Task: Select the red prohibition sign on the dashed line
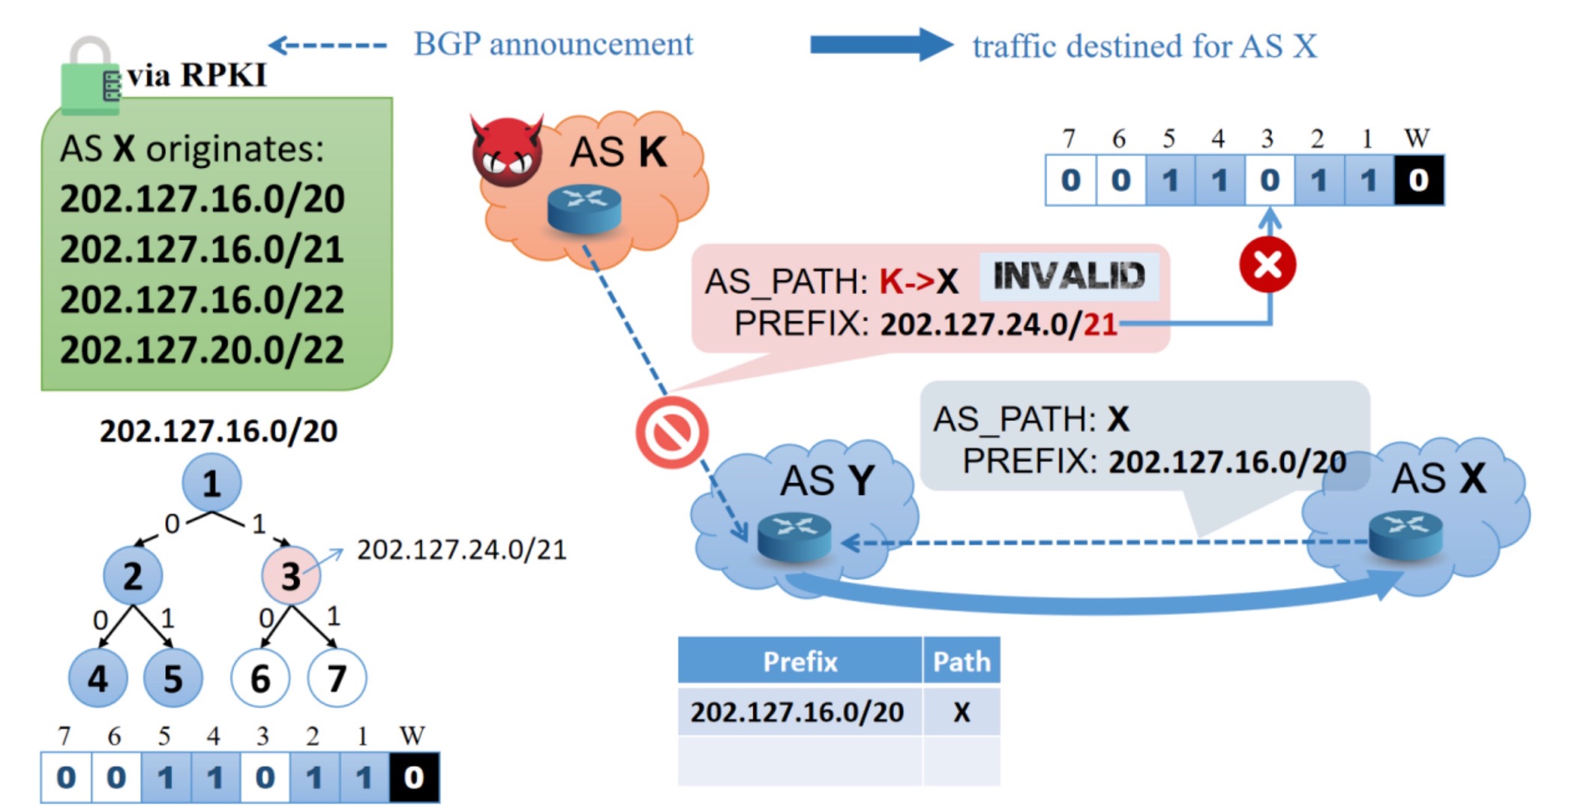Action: tap(671, 433)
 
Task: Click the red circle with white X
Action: tap(1267, 265)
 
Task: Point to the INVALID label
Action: tap(1069, 276)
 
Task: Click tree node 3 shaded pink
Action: tap(290, 576)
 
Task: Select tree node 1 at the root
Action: tap(211, 483)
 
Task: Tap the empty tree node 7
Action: tap(337, 679)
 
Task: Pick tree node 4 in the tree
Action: tap(97, 679)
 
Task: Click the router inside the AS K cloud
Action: tap(584, 208)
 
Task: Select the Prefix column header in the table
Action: tap(799, 661)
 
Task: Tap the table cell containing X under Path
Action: tap(961, 712)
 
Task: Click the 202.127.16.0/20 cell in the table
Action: tap(797, 712)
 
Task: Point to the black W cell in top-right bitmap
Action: tap(1418, 180)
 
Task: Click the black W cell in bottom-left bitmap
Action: tap(414, 778)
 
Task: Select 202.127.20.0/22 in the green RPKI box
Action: tap(202, 349)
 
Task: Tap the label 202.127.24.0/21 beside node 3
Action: tap(461, 550)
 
